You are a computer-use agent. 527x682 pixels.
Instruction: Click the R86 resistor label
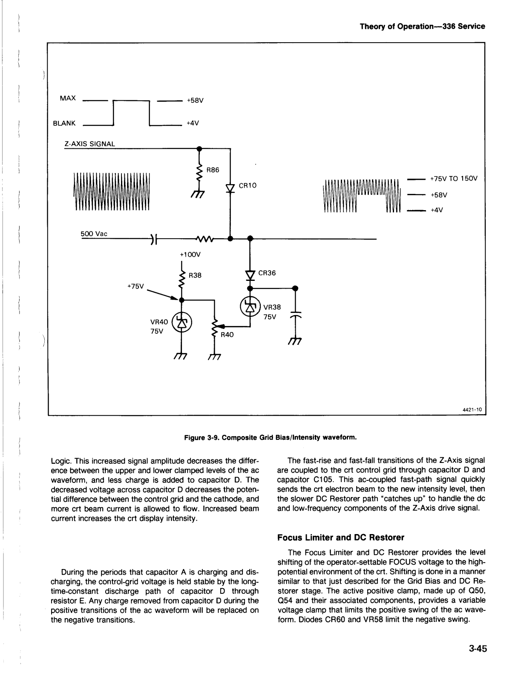(213, 170)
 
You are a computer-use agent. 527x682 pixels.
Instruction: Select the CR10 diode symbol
(230, 188)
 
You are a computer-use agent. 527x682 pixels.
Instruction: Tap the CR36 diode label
(267, 273)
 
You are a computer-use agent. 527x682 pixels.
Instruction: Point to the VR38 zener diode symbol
(250, 306)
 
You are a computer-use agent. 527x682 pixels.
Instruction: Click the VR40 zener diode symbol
(181, 323)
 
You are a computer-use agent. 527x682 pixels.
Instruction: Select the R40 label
(227, 335)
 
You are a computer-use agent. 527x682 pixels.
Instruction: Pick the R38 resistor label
(195, 275)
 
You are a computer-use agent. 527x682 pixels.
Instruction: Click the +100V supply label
(190, 254)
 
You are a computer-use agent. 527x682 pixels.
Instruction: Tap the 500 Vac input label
(94, 234)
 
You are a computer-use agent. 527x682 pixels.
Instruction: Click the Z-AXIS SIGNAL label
(89, 144)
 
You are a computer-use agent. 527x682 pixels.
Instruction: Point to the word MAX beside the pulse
(68, 98)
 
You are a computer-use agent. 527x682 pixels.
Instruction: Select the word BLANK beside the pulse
(64, 123)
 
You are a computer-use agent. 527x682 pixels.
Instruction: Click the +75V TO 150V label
(454, 179)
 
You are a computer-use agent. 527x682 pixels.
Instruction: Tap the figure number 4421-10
(472, 409)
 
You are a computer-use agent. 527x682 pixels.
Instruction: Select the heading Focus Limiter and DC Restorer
(340, 537)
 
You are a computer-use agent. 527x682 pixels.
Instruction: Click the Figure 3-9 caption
(270, 437)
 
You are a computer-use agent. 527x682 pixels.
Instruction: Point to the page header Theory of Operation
(422, 26)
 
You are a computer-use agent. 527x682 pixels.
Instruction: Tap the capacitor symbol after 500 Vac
(154, 239)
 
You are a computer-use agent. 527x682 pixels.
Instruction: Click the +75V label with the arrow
(136, 286)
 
